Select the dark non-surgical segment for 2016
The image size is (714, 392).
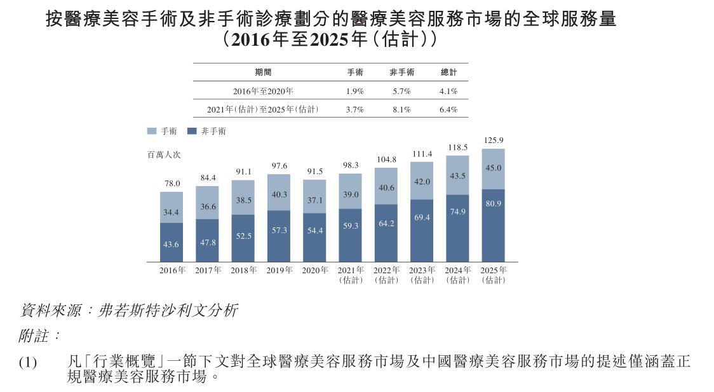[172, 242]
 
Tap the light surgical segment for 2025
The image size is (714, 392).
[493, 169]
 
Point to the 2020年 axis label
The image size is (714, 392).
[314, 271]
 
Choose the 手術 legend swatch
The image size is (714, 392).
[152, 131]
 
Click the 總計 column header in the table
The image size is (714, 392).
[448, 72]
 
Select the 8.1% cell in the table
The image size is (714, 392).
[401, 109]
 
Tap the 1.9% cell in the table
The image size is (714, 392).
[355, 91]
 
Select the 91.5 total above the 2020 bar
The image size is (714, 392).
[314, 171]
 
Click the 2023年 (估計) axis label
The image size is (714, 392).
[422, 275]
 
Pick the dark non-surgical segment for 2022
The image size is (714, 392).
[386, 233]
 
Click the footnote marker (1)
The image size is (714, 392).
[28, 363]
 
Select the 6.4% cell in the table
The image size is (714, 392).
[448, 109]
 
